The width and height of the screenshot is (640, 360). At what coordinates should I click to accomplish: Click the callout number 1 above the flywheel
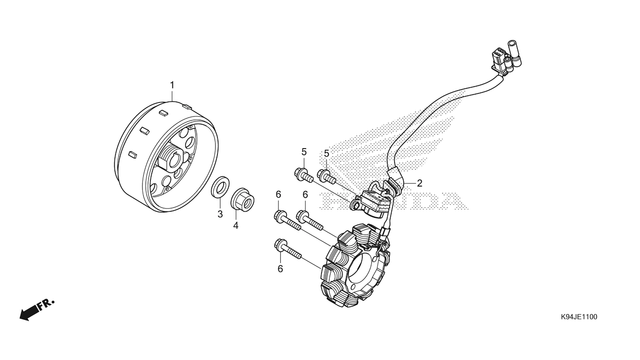[172, 85]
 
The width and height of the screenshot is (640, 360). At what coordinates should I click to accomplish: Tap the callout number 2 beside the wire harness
[419, 183]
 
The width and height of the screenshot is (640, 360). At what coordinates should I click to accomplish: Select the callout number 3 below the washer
[220, 214]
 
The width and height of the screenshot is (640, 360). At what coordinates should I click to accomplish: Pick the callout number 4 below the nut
[236, 225]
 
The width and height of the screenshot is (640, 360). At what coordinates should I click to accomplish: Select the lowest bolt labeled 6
[288, 249]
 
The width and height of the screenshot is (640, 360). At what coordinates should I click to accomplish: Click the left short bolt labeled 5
[304, 175]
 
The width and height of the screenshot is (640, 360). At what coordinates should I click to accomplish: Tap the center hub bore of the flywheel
[175, 161]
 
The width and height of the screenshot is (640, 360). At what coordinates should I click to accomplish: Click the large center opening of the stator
[361, 267]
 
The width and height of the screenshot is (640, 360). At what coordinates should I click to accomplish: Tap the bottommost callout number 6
[280, 269]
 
